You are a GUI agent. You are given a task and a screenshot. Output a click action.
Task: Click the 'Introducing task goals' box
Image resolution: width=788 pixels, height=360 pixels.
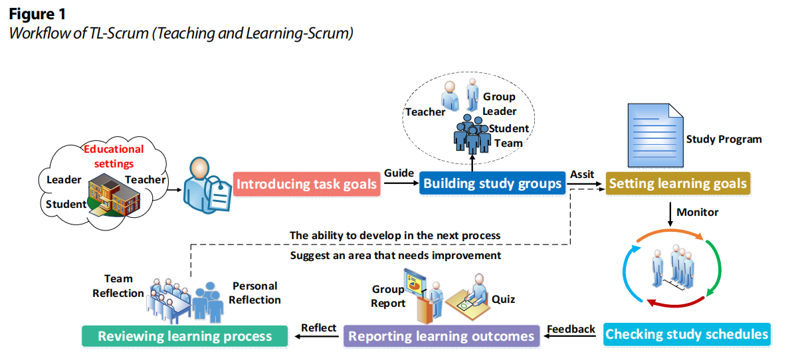pos(306,184)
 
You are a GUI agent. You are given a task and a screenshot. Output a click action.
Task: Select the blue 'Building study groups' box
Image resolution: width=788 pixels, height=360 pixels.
pos(492,183)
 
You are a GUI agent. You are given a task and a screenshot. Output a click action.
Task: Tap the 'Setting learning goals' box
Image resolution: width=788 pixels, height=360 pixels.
pos(678,183)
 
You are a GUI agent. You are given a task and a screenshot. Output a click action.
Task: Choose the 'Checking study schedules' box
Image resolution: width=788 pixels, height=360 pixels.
pos(687,334)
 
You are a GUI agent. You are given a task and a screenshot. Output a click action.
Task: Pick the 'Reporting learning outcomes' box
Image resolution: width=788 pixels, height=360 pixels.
pos(442,336)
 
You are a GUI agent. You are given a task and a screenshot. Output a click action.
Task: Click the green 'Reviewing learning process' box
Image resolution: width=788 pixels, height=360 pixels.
pos(185,336)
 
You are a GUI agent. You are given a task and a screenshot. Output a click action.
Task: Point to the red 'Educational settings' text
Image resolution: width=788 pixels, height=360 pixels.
pos(114,156)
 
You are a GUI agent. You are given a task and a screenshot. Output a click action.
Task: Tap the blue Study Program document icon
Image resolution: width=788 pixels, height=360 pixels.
pos(654,136)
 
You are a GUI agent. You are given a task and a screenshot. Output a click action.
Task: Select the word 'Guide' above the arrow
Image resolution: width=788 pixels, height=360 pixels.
pos(399,173)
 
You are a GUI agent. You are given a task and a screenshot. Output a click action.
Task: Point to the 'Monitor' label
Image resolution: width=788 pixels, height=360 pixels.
pos(698,213)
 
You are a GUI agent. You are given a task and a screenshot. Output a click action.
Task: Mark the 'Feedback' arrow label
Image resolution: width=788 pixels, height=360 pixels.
pos(571,329)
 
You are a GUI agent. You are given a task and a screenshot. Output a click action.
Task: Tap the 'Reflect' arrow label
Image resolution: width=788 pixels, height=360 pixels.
pos(319,327)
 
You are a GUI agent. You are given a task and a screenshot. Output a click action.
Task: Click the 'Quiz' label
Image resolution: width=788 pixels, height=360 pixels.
pos(504,299)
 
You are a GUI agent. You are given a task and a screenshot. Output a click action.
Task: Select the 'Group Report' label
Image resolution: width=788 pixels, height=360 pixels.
pos(388,296)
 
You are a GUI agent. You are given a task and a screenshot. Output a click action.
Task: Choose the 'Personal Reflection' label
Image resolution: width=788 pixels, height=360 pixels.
pos(255,293)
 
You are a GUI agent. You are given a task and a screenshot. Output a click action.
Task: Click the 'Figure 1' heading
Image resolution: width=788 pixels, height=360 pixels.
pos(37,13)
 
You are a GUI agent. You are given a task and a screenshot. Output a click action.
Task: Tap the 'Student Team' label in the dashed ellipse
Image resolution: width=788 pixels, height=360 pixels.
pos(509,135)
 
